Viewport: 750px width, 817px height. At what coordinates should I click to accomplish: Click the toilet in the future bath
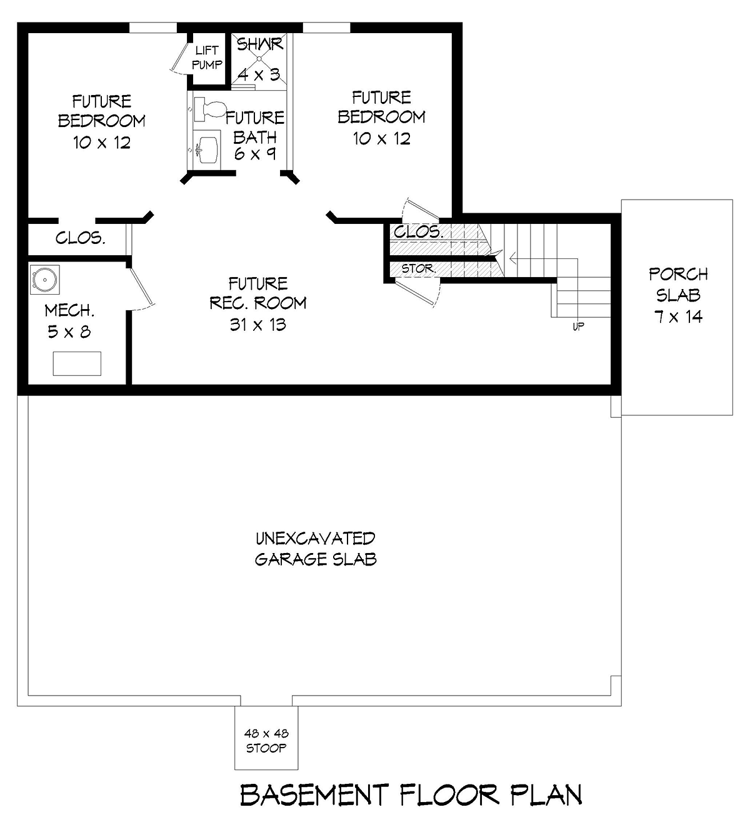[209, 109]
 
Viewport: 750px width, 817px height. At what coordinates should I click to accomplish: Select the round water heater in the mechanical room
[45, 280]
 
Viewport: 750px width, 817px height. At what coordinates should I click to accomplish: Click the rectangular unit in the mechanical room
[77, 363]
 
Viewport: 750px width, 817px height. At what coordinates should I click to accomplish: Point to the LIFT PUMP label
[207, 58]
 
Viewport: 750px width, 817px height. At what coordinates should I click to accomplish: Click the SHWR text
[259, 44]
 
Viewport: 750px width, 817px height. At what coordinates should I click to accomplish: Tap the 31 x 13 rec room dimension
[258, 325]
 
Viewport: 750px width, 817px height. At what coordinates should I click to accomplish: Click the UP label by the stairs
[578, 326]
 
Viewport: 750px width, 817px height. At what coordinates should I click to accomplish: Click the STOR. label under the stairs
[419, 268]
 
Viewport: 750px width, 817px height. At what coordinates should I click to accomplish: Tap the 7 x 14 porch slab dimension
[678, 317]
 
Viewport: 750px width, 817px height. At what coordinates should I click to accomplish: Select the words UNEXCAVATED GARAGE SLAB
[316, 549]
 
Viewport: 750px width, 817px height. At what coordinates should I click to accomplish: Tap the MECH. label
[69, 311]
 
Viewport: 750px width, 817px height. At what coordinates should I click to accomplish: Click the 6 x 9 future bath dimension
[255, 153]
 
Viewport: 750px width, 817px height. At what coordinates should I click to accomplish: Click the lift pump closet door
[179, 58]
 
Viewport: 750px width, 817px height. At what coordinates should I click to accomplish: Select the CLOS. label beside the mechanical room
[81, 238]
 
